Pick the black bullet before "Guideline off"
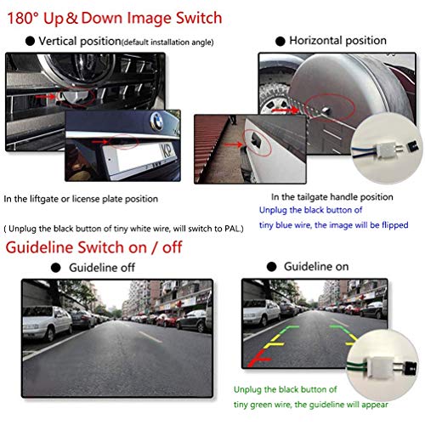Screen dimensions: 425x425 pyautogui.click(x=59, y=265)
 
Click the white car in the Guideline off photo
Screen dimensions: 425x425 pyautogui.click(x=53, y=324)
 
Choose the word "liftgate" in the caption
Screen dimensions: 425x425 pyautogui.click(x=52, y=199)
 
